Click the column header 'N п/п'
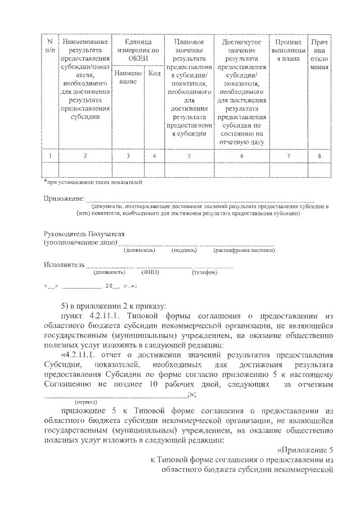point(50,46)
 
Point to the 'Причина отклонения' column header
point(319,54)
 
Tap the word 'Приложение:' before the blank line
point(64,199)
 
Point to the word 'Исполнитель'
point(64,264)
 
